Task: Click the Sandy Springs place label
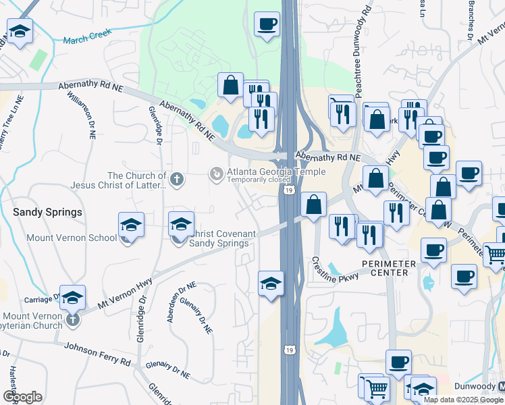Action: tap(48, 212)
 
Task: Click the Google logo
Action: tap(22, 397)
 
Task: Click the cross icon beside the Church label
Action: tap(177, 180)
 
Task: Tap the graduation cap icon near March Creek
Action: tap(20, 31)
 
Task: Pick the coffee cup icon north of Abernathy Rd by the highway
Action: tap(267, 24)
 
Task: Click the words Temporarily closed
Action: tap(259, 180)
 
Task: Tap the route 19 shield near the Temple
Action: tap(288, 192)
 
